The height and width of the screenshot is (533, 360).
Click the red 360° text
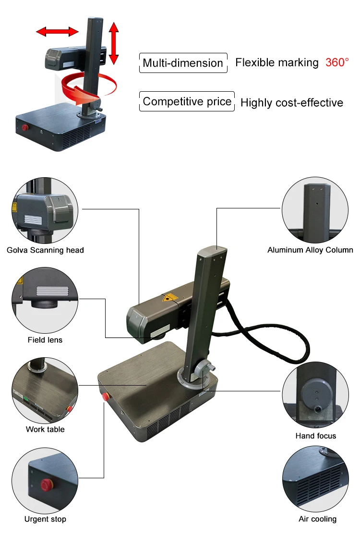tap(337, 62)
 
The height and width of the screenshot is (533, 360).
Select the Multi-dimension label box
tap(183, 63)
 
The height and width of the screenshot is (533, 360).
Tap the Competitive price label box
tap(187, 102)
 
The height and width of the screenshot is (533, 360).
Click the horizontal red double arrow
tap(58, 32)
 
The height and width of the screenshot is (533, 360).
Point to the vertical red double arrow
tap(114, 43)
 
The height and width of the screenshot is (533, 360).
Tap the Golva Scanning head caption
tap(45, 250)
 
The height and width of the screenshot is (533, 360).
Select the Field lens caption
tap(45, 340)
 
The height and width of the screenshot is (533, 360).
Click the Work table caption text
tap(45, 429)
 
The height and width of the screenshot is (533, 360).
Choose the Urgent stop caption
tap(45, 519)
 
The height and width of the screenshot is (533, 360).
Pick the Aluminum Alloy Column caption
tap(310, 250)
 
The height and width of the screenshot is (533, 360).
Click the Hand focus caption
tap(316, 436)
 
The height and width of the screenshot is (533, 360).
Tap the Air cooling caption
tap(317, 519)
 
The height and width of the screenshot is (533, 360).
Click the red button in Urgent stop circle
tap(47, 484)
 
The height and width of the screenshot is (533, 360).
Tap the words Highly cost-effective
tap(292, 103)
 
